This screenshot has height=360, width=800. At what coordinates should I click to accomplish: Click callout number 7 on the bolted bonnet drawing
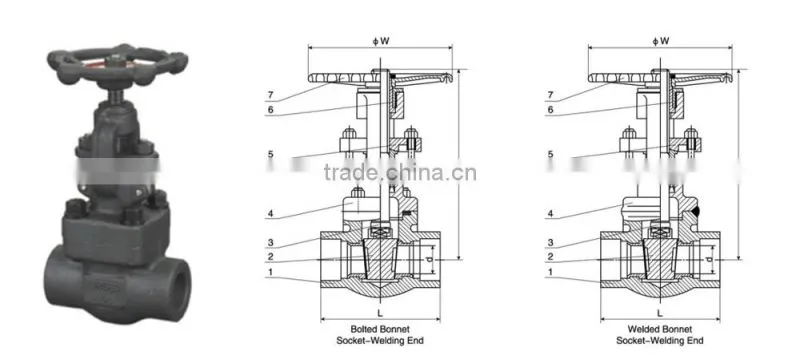(270, 95)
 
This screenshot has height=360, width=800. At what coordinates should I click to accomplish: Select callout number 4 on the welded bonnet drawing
(550, 214)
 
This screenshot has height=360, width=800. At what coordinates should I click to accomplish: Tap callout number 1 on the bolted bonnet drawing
(270, 272)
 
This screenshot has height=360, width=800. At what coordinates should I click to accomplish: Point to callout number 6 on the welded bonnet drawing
(550, 110)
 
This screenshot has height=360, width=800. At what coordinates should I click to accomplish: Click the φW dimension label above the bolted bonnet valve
(381, 41)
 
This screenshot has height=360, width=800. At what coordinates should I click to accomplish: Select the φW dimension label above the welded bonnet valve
(661, 41)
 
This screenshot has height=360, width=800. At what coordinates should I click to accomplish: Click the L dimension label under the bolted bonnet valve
(380, 312)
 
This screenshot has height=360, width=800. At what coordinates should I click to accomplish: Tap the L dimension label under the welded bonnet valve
(660, 312)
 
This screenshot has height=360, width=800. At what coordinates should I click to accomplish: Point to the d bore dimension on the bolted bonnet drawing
(430, 259)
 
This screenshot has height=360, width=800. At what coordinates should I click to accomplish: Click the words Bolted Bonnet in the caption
(380, 329)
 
